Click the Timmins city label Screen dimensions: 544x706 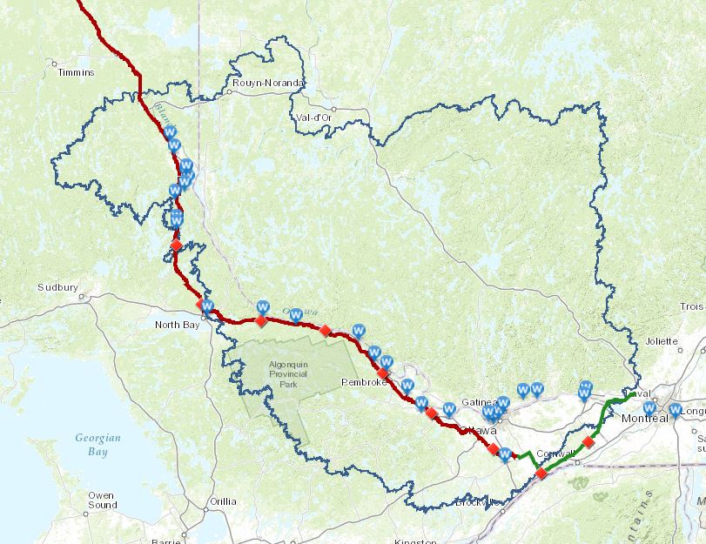pos(75,73)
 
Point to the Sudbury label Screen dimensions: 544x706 pos(57,287)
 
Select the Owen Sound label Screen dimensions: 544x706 pos(101,500)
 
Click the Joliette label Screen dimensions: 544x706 pos(662,341)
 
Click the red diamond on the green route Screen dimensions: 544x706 pos(588,442)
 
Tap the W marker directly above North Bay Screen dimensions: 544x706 pos(207,306)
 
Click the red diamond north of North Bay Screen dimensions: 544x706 pos(176,245)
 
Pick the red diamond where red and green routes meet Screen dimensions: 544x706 pos(541,473)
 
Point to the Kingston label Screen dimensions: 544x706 pos(414,541)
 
